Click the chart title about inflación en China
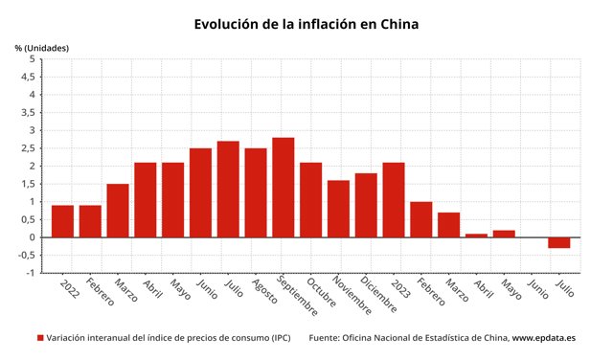point(306,23)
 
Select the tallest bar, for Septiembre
point(283,188)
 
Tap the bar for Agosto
point(256,192)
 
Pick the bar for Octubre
point(310,200)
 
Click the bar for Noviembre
point(338,209)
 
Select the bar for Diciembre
point(366,205)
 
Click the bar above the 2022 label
point(62,221)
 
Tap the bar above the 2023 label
point(394,200)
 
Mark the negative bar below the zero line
point(559,242)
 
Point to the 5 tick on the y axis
point(32,59)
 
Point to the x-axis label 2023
point(401,287)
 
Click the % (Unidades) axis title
point(40,47)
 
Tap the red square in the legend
point(40,338)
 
